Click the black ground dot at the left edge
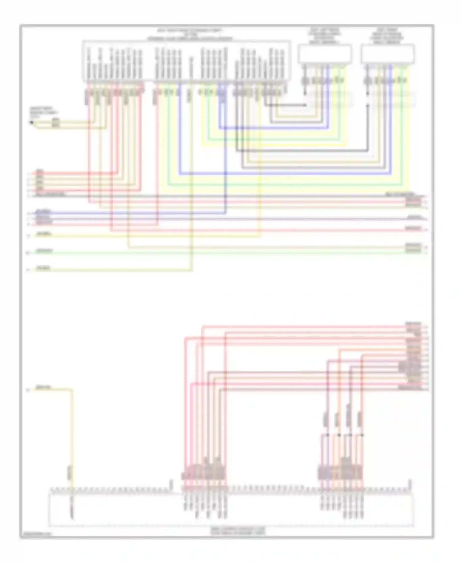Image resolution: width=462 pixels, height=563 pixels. click(x=31, y=123)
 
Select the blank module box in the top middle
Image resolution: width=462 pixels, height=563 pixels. click(x=325, y=54)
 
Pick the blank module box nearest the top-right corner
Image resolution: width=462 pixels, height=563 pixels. click(x=388, y=54)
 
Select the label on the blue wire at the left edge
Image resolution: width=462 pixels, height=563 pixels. click(x=43, y=212)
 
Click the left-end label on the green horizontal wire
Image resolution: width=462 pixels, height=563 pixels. click(x=44, y=251)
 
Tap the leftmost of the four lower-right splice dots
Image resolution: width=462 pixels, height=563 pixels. click(x=327, y=435)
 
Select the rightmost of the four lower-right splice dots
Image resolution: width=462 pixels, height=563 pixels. click(x=362, y=435)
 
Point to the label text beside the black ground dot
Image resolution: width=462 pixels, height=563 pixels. click(x=45, y=113)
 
